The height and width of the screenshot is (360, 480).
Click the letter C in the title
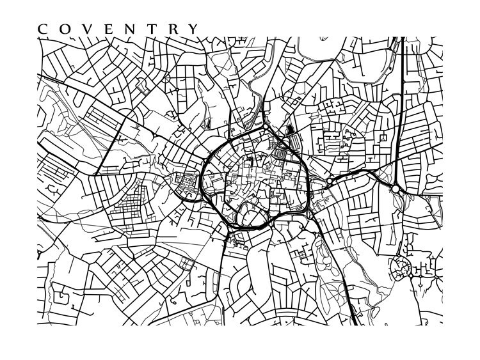pos(43,29)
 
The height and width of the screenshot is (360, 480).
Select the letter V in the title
pos(84,29)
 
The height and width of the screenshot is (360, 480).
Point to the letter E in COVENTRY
pos(105,29)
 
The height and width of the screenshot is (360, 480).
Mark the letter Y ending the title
pos(192,29)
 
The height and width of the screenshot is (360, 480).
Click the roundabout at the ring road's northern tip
pos(265,127)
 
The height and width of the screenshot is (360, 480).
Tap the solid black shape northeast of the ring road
pos(292,132)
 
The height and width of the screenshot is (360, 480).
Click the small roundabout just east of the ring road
pos(330,182)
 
